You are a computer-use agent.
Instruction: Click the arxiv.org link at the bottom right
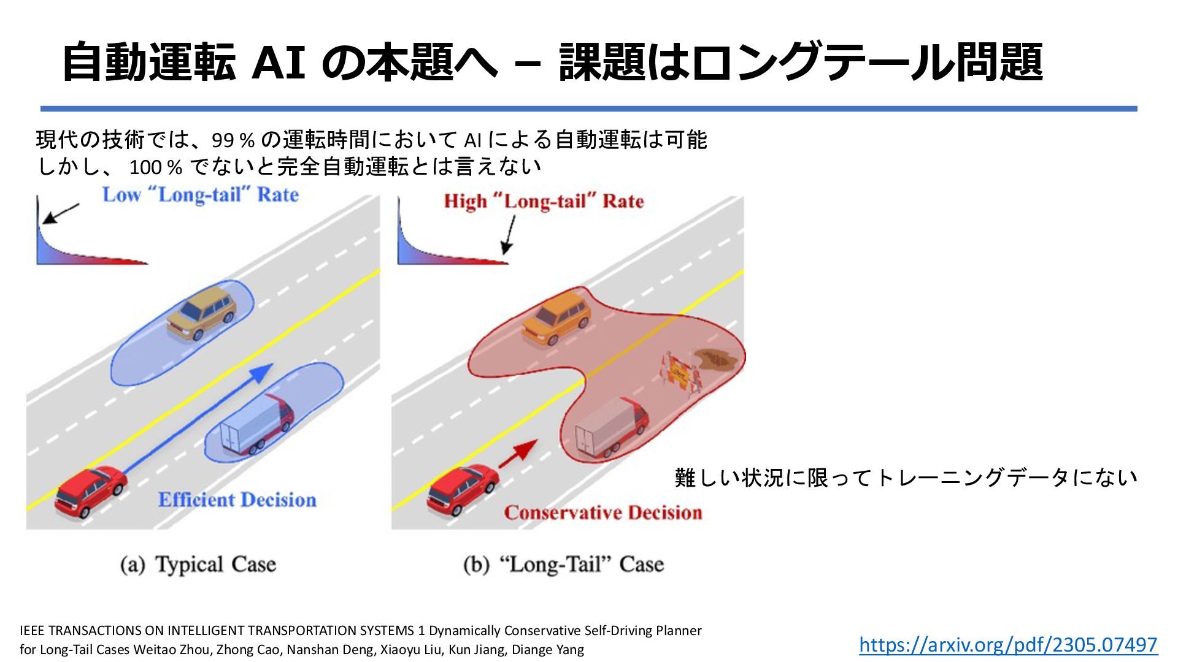coord(1007,644)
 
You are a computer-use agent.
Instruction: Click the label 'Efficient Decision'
coord(237,500)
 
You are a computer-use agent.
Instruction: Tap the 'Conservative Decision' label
coord(603,512)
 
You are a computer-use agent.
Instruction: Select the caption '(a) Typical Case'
coord(198,565)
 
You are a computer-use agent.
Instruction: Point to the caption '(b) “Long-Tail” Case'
coord(563,565)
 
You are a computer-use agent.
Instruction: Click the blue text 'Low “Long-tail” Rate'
coord(200,195)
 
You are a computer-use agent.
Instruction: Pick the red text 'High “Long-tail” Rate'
coord(544,201)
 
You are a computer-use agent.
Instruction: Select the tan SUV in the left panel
coord(202,312)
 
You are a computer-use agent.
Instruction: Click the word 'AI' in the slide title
coord(279,62)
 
